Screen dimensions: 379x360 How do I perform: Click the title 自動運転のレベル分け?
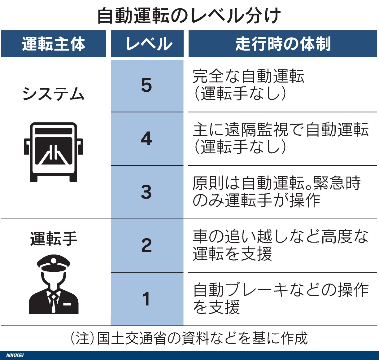(x=189, y=16)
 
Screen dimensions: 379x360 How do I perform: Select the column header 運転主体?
(x=54, y=44)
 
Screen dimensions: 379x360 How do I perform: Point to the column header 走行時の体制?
(x=283, y=44)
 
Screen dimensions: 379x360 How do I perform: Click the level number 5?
(x=146, y=85)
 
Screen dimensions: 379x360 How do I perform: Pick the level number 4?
(x=146, y=138)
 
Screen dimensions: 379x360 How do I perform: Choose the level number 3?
(x=146, y=192)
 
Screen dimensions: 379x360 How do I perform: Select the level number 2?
(x=146, y=245)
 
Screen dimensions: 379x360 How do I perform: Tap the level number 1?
(x=146, y=299)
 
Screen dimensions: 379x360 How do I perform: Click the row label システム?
(x=54, y=94)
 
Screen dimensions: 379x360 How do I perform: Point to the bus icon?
(x=53, y=152)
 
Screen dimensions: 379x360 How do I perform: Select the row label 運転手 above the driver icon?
(x=54, y=239)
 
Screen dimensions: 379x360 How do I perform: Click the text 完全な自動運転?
(x=248, y=76)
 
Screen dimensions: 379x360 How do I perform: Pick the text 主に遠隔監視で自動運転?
(x=281, y=130)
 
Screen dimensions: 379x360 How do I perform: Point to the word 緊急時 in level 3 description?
(x=337, y=183)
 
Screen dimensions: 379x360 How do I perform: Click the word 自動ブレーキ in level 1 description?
(x=241, y=290)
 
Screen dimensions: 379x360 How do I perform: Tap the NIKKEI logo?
(x=15, y=355)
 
